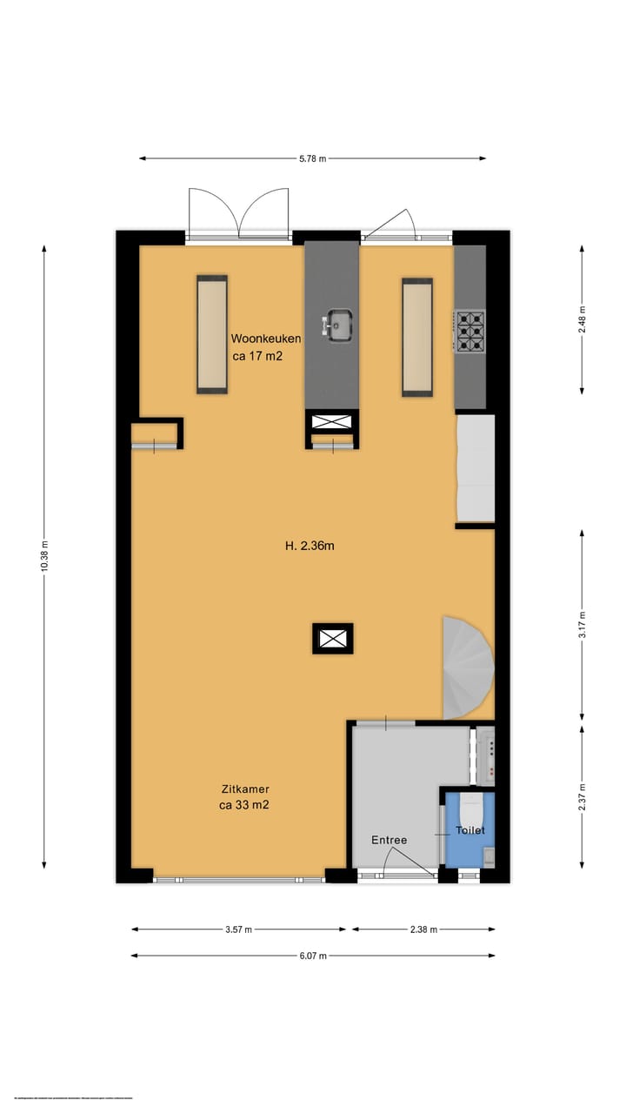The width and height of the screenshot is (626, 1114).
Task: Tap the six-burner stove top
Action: point(469,331)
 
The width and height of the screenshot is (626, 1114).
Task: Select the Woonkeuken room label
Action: point(266,339)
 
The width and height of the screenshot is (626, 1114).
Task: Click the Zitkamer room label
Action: point(243,789)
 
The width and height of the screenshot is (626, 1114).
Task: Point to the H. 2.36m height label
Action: point(310,547)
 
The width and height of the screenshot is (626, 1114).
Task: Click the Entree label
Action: point(389,840)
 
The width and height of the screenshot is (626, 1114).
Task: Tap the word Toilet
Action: point(470,831)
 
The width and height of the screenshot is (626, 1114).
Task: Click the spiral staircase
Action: point(469,668)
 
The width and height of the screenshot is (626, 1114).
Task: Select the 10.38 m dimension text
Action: point(44,557)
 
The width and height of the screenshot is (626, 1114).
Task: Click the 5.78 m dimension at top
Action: point(313,158)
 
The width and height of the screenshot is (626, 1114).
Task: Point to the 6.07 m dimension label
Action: point(313,956)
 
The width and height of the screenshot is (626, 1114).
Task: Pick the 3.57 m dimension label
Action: point(238,929)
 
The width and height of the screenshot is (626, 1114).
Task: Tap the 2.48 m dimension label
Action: point(583,319)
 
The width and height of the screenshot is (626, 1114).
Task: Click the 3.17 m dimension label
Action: point(583,624)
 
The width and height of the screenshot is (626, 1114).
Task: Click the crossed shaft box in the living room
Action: point(332,639)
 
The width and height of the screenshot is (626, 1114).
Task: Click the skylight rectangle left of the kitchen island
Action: point(211,335)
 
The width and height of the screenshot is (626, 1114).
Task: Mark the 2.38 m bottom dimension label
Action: point(423,929)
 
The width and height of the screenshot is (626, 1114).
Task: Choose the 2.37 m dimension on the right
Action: point(583,797)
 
